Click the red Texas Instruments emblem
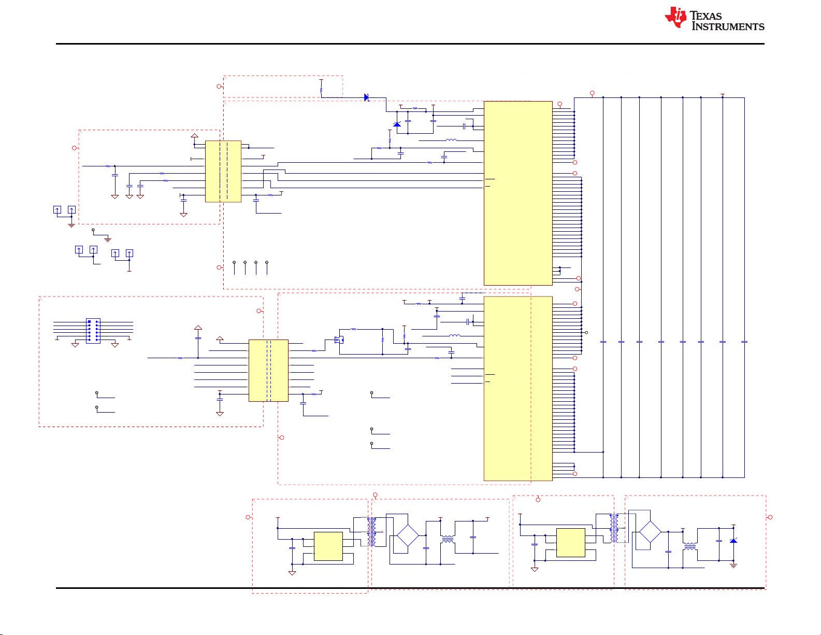click(x=675, y=17)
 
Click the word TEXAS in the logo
click(x=705, y=16)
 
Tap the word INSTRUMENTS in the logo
click(x=728, y=26)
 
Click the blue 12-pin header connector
click(x=93, y=331)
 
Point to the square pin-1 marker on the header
click(x=89, y=322)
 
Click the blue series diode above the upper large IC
click(x=366, y=97)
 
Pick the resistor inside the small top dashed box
click(x=321, y=90)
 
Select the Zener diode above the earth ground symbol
click(x=733, y=541)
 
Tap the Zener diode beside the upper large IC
click(x=397, y=124)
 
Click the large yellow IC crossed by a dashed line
click(x=518, y=388)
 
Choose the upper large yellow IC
click(x=518, y=193)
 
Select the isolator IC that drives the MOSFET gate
click(x=268, y=370)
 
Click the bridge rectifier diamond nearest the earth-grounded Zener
click(x=650, y=532)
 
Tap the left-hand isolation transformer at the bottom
click(x=371, y=532)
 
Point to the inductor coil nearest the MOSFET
click(x=454, y=336)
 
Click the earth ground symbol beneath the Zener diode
click(x=733, y=566)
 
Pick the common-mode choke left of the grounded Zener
click(x=690, y=546)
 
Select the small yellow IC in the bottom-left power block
click(x=328, y=546)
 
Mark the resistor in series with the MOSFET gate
click(x=314, y=351)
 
